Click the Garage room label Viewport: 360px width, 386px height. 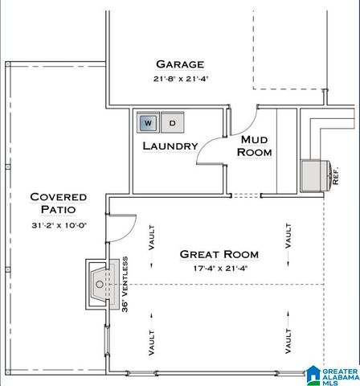[180, 64]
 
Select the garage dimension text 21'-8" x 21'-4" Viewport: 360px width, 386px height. [180, 79]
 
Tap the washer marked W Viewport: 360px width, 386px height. [148, 123]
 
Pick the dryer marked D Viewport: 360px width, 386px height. [174, 123]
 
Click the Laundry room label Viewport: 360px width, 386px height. [170, 146]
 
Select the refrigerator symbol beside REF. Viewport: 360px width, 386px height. [314, 173]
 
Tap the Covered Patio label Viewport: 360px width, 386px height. [58, 203]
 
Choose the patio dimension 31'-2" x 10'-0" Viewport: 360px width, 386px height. [58, 224]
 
